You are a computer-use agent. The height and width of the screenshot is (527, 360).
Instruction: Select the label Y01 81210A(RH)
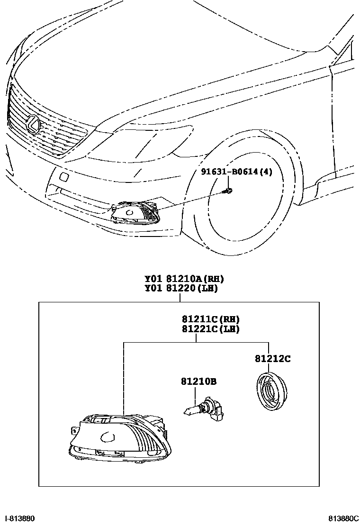click(184, 279)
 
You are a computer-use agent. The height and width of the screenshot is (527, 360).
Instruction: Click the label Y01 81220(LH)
click(181, 288)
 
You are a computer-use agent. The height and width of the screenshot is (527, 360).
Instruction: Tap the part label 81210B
click(198, 381)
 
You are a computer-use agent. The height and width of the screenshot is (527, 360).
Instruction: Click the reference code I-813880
click(19, 519)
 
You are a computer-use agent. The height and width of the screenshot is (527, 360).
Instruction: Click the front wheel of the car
click(246, 194)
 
